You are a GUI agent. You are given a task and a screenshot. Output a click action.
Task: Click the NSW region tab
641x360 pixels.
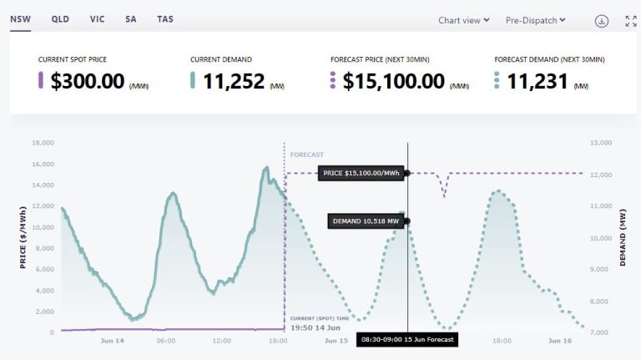20,18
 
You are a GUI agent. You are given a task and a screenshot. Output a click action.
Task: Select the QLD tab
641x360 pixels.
60,18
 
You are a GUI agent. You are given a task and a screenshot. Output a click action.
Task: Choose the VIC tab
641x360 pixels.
96,18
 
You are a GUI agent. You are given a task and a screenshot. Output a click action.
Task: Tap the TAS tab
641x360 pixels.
165,18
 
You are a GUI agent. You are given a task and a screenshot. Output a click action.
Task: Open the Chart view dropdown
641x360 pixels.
464,21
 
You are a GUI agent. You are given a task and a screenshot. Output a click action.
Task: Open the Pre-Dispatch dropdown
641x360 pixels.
536,21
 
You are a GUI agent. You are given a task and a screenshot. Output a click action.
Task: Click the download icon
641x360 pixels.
601,21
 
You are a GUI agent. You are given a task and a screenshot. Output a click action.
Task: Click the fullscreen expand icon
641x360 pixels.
631,21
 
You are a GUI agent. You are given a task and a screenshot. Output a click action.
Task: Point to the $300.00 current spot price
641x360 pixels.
88,81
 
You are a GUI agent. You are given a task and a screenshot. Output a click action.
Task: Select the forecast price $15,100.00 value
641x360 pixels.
393,81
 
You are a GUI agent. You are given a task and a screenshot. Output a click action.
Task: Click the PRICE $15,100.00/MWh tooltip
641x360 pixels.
361,173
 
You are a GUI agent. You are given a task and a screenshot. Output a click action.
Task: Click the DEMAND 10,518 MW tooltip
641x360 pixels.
366,221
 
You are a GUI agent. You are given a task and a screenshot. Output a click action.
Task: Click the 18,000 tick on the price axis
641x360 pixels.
43,143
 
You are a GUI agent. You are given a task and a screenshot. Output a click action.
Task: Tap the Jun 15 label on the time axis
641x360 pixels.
336,341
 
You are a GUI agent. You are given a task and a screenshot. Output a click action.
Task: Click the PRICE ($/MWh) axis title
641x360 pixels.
23,238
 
